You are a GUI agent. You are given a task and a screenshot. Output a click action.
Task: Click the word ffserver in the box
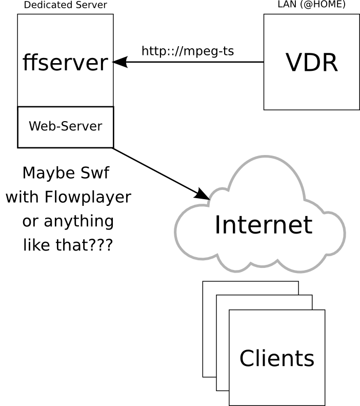click(65, 63)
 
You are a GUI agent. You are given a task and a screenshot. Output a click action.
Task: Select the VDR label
click(311, 63)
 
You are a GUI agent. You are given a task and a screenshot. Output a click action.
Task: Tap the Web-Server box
click(65, 126)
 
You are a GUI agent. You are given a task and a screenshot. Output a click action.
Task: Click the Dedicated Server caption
click(65, 5)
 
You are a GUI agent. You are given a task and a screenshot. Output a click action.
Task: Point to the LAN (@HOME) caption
click(311, 5)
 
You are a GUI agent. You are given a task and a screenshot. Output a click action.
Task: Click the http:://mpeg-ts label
click(187, 51)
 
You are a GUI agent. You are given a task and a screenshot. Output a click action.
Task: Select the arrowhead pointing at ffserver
click(119, 62)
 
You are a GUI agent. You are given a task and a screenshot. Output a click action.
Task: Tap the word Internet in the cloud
click(263, 225)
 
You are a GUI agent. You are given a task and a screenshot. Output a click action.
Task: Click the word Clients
click(276, 358)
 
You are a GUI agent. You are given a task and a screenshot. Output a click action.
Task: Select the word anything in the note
click(78, 221)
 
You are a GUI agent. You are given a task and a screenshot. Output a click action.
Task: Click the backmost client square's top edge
click(250, 281)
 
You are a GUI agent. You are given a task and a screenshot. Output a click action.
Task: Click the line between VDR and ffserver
click(195, 62)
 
